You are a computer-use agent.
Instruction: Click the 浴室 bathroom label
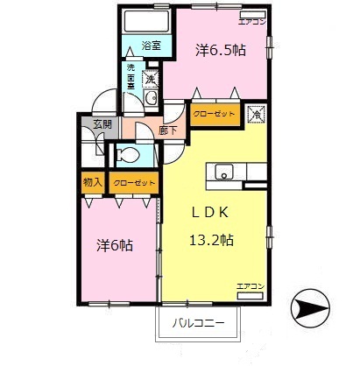151,46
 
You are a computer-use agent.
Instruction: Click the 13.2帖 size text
210,239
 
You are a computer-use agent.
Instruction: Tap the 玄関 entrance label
103,124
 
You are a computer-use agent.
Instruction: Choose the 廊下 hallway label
169,130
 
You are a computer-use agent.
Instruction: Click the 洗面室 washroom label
131,77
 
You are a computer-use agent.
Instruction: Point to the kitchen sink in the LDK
222,171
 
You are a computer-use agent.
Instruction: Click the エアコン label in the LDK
250,286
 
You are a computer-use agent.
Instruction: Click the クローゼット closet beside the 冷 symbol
213,115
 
